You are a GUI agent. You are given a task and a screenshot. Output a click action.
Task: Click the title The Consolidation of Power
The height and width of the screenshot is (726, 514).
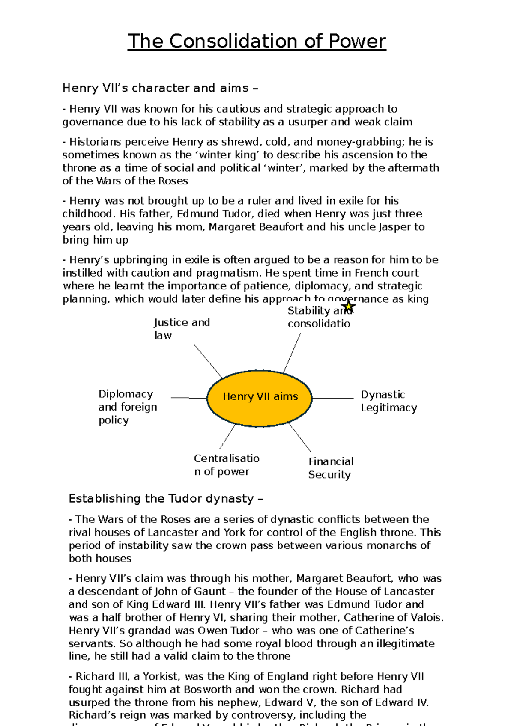[257, 42]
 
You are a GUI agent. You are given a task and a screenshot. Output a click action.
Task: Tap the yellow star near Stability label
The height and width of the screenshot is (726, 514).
[349, 306]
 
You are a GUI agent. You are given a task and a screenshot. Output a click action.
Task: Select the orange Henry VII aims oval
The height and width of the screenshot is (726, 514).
[260, 398]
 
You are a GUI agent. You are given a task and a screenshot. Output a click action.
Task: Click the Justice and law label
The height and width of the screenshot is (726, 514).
[182, 329]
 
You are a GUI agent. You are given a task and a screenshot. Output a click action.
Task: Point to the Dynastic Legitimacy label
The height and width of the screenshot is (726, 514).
[388, 401]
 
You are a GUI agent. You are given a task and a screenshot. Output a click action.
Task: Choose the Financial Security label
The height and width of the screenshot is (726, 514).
[331, 468]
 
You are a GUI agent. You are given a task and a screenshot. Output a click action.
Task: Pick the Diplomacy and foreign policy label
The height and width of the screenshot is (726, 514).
[127, 407]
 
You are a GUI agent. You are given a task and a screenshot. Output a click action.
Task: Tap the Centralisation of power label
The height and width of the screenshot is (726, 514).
[226, 465]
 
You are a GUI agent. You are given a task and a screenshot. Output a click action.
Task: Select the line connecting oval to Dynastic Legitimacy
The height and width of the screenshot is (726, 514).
[333, 398]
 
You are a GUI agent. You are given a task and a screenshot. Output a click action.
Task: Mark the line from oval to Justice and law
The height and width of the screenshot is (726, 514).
[208, 360]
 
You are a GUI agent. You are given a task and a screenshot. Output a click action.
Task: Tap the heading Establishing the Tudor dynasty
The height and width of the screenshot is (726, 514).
[166, 499]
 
